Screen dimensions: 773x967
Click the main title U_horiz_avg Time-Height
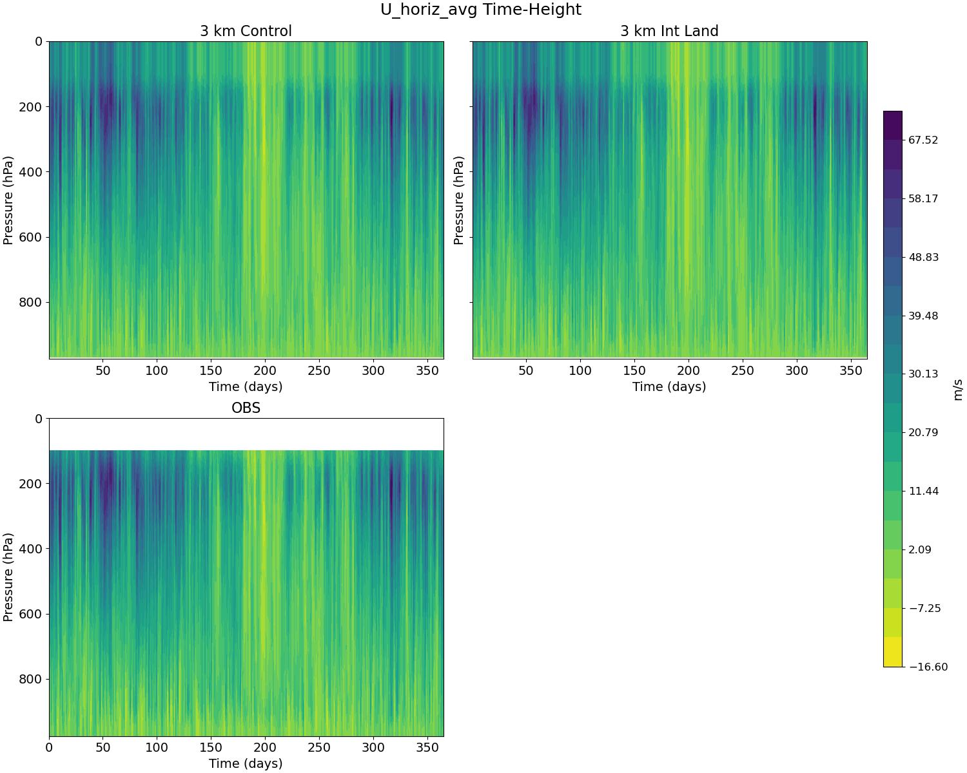click(x=481, y=10)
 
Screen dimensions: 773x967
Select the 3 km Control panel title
click(x=246, y=31)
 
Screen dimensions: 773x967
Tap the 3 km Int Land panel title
click(x=669, y=31)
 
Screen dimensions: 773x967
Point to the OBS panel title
click(x=246, y=408)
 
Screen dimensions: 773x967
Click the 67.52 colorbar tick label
click(x=923, y=140)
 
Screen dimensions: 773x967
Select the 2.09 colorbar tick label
click(x=921, y=549)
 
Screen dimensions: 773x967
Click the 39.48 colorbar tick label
click(x=923, y=316)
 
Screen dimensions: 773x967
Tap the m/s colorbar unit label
click(x=958, y=389)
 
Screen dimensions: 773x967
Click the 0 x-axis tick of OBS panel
click(x=49, y=748)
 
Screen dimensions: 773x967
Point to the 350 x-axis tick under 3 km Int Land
click(x=852, y=371)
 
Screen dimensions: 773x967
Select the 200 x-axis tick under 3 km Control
click(x=265, y=371)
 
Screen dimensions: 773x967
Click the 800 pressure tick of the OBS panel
click(x=30, y=680)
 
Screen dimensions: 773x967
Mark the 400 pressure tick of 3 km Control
click(x=30, y=172)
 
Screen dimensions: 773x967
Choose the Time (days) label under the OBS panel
click(x=246, y=763)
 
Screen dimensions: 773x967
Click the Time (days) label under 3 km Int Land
click(x=669, y=386)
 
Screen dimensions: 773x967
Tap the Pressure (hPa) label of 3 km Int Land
click(x=458, y=200)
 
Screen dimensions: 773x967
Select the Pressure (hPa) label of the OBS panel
click(x=8, y=577)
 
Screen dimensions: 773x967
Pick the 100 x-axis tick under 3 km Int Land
click(x=580, y=371)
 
